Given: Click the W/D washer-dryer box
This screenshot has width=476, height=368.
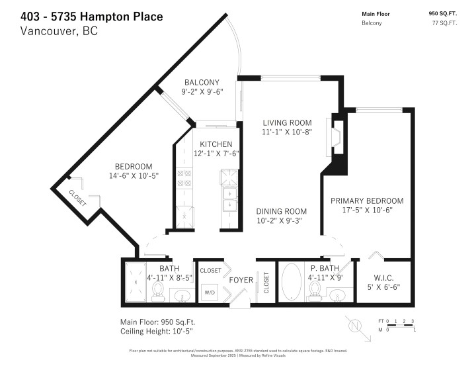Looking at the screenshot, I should click(210, 292).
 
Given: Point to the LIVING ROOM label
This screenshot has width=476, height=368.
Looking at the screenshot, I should click(286, 122).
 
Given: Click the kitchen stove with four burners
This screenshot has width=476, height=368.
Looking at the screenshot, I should click(184, 177).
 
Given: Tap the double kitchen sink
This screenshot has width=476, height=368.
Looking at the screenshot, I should click(229, 197).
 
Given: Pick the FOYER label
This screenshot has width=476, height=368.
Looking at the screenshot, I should click(241, 280).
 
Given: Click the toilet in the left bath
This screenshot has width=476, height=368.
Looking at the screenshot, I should click(158, 290).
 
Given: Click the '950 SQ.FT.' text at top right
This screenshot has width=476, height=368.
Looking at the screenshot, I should click(444, 13).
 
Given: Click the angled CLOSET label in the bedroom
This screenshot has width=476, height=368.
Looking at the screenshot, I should click(77, 198).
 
